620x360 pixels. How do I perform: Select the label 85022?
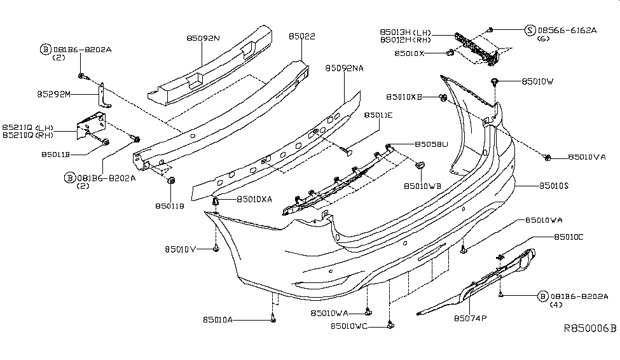click(x=301, y=38)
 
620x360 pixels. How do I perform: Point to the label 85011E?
click(x=378, y=115)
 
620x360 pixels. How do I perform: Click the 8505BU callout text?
click(x=432, y=144)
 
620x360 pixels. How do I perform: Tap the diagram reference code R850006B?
click(x=590, y=329)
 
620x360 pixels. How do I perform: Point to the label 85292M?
click(x=53, y=94)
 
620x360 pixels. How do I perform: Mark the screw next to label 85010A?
click(x=273, y=319)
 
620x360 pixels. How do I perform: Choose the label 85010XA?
click(x=254, y=199)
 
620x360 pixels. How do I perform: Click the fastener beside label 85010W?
click(x=495, y=81)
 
